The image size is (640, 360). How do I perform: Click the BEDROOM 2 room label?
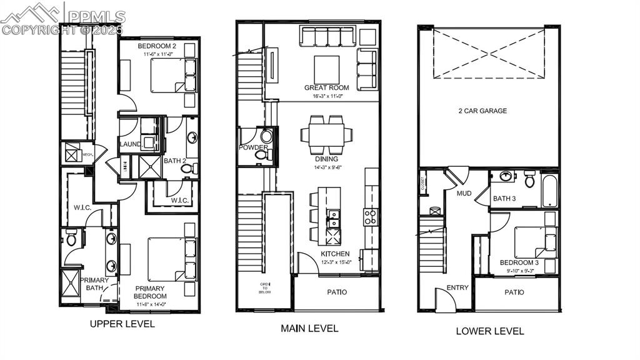point(156,47)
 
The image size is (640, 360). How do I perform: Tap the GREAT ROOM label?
point(326,88)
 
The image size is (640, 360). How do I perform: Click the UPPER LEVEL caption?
point(122,324)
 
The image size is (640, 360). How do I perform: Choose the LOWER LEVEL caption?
point(489,331)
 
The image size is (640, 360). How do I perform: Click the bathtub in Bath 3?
point(549,191)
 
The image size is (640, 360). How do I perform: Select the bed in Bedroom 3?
point(532,242)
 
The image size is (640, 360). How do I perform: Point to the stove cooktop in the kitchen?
point(370,216)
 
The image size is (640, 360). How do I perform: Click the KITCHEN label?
point(335,254)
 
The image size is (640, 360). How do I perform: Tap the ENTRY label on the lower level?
point(457,287)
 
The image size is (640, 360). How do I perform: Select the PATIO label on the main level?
point(337,292)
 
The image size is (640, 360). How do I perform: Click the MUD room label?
point(464,193)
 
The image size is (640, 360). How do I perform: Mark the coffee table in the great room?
point(326,69)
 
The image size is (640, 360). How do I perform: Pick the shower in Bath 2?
point(150,167)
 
